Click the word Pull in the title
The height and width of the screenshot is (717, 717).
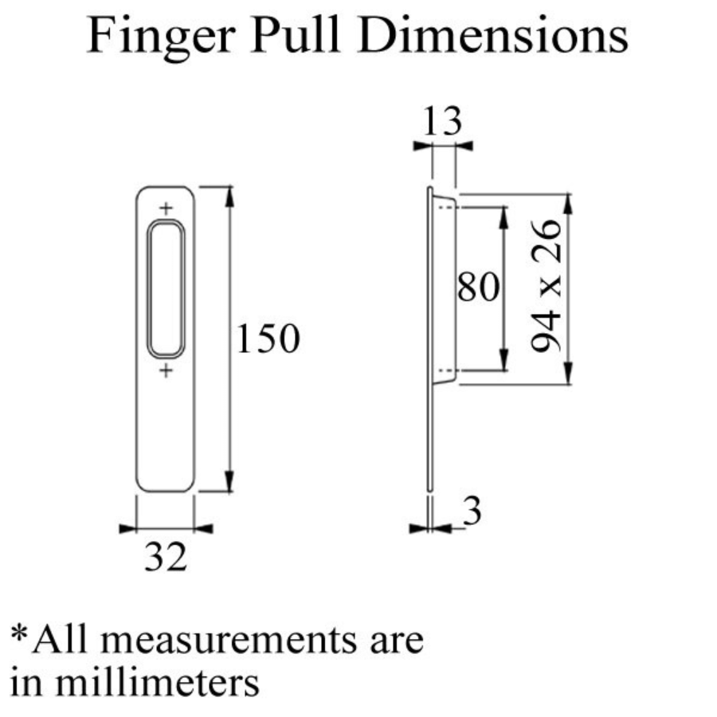point(295,35)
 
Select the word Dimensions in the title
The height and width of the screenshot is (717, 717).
point(493,35)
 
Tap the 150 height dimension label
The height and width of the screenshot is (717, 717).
point(268,339)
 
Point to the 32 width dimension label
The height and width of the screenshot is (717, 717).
point(166,557)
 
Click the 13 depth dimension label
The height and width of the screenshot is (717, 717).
point(442,121)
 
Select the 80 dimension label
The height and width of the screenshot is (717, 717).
point(478,287)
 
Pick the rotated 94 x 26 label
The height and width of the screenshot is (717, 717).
point(547,286)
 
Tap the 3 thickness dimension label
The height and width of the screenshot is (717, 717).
point(472,511)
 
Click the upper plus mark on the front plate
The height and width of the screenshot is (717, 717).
point(166,209)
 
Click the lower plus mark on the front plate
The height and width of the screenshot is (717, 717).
point(166,370)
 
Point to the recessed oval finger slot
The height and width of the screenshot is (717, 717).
point(166,289)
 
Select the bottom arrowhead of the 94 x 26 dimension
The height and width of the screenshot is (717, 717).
point(567,373)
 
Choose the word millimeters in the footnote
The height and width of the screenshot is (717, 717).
point(157,682)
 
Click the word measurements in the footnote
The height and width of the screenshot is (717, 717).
point(228,641)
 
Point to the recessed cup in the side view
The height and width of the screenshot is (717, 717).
point(444,289)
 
